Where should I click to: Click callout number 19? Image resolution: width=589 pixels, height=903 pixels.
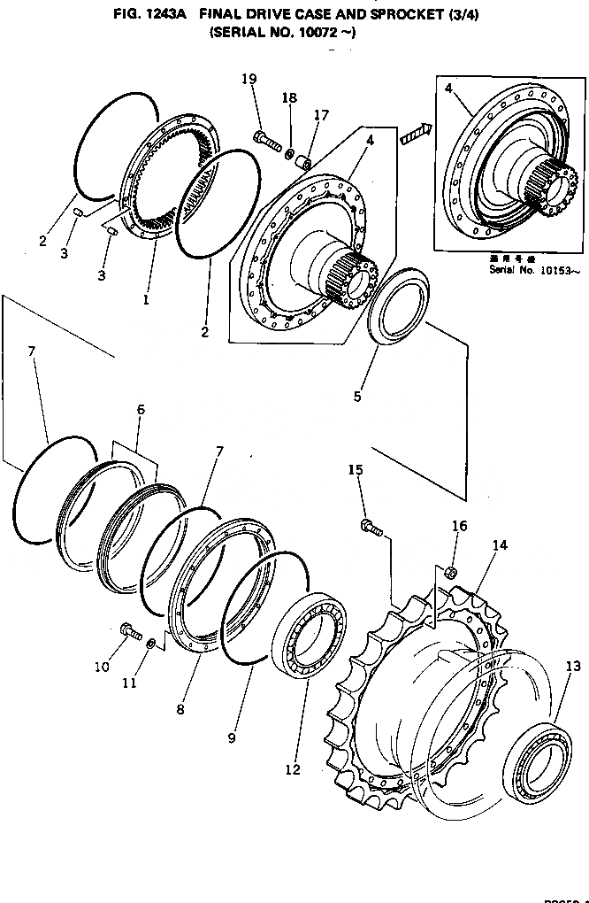(x=249, y=79)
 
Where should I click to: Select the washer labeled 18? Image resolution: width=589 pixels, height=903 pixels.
(x=290, y=155)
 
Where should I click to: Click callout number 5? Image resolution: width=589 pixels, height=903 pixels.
(x=357, y=396)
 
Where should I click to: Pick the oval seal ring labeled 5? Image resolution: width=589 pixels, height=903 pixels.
(x=396, y=306)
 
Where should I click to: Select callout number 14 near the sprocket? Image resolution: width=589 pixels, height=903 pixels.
(x=500, y=545)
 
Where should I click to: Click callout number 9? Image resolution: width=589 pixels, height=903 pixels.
(x=231, y=737)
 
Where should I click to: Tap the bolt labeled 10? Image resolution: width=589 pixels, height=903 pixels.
(x=130, y=630)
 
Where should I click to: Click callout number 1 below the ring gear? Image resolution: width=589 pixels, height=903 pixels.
(x=146, y=300)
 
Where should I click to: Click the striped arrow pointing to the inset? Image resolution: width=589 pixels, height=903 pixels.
(x=414, y=135)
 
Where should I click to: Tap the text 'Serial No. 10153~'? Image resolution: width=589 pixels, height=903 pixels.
(x=535, y=270)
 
